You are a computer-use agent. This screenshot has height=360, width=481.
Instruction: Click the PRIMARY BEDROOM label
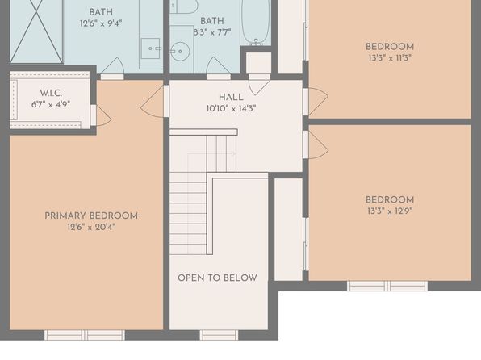pos(91,216)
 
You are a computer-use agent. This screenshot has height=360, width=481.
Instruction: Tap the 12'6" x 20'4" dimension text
pos(91,227)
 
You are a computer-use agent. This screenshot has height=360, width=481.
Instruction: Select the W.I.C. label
pos(51,93)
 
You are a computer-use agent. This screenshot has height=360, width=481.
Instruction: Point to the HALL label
pos(231,98)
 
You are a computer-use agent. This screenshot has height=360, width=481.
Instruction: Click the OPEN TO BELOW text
pos(217,278)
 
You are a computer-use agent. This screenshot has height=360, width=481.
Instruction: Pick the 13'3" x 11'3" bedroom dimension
pos(390,58)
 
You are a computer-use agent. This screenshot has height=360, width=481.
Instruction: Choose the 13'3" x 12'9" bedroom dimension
pos(390,211)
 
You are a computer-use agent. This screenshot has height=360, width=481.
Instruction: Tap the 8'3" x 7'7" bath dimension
pos(212,32)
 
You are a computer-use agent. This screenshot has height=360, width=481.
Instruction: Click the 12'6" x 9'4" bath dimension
pos(101,23)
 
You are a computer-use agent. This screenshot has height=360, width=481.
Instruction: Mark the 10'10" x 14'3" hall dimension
pos(232,109)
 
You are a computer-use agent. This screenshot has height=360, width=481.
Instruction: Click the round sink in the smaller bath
pos(180,51)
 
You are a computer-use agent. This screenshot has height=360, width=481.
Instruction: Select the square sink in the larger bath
pos(150,48)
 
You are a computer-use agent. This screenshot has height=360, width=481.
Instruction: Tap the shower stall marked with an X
pos(36,31)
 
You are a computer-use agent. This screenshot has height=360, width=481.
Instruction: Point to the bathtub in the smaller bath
pos(256,22)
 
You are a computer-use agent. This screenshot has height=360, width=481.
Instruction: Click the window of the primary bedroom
pos(85,335)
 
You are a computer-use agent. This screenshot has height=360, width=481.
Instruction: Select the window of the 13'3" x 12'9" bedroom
pos(387,286)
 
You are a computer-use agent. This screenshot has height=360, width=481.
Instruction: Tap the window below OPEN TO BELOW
pos(219,335)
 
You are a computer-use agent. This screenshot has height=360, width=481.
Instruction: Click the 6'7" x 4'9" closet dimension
pos(51,104)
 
